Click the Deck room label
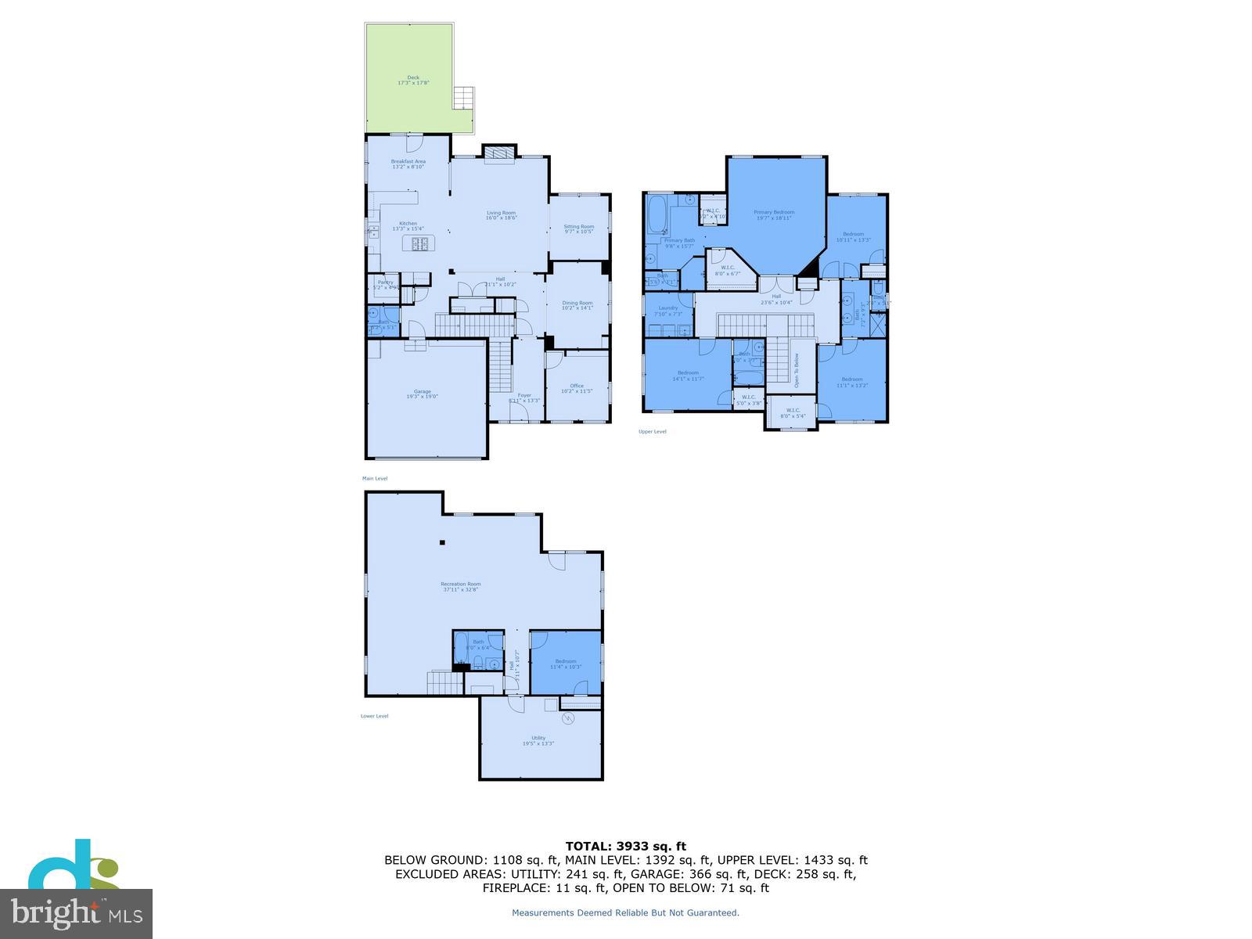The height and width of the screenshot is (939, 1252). pos(413,80)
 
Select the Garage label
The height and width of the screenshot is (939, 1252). pos(423,394)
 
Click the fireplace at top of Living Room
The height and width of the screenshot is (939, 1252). pos(498,154)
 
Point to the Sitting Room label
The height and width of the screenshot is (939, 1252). pos(579,228)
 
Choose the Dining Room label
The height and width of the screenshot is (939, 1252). pos(577,304)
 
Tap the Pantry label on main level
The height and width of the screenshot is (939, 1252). pos(385,284)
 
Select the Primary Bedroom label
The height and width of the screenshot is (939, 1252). pos(774,214)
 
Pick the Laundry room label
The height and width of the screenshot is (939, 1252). pos(667,310)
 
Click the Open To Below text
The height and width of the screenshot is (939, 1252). pos(797,370)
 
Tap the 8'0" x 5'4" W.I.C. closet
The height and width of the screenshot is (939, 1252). pos(793,412)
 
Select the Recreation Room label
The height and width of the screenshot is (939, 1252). pos(461,586)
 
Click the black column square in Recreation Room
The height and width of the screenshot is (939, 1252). pos(442,542)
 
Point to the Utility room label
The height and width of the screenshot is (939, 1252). pos(538,740)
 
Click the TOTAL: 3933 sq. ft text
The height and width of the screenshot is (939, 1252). pos(625,846)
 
